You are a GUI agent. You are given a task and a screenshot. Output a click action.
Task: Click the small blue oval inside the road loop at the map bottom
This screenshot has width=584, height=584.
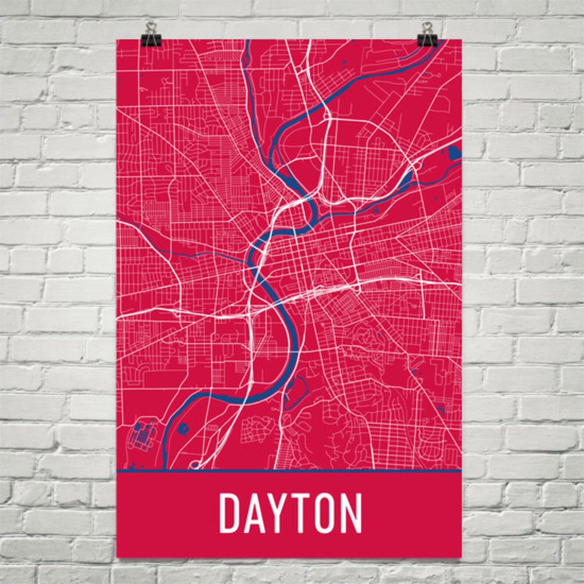194,465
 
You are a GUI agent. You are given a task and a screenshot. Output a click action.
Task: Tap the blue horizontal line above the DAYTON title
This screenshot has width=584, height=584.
289,470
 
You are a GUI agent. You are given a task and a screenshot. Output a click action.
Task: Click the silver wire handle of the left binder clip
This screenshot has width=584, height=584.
150,26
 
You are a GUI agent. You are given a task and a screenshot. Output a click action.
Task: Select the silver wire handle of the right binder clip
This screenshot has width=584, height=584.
427,26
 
